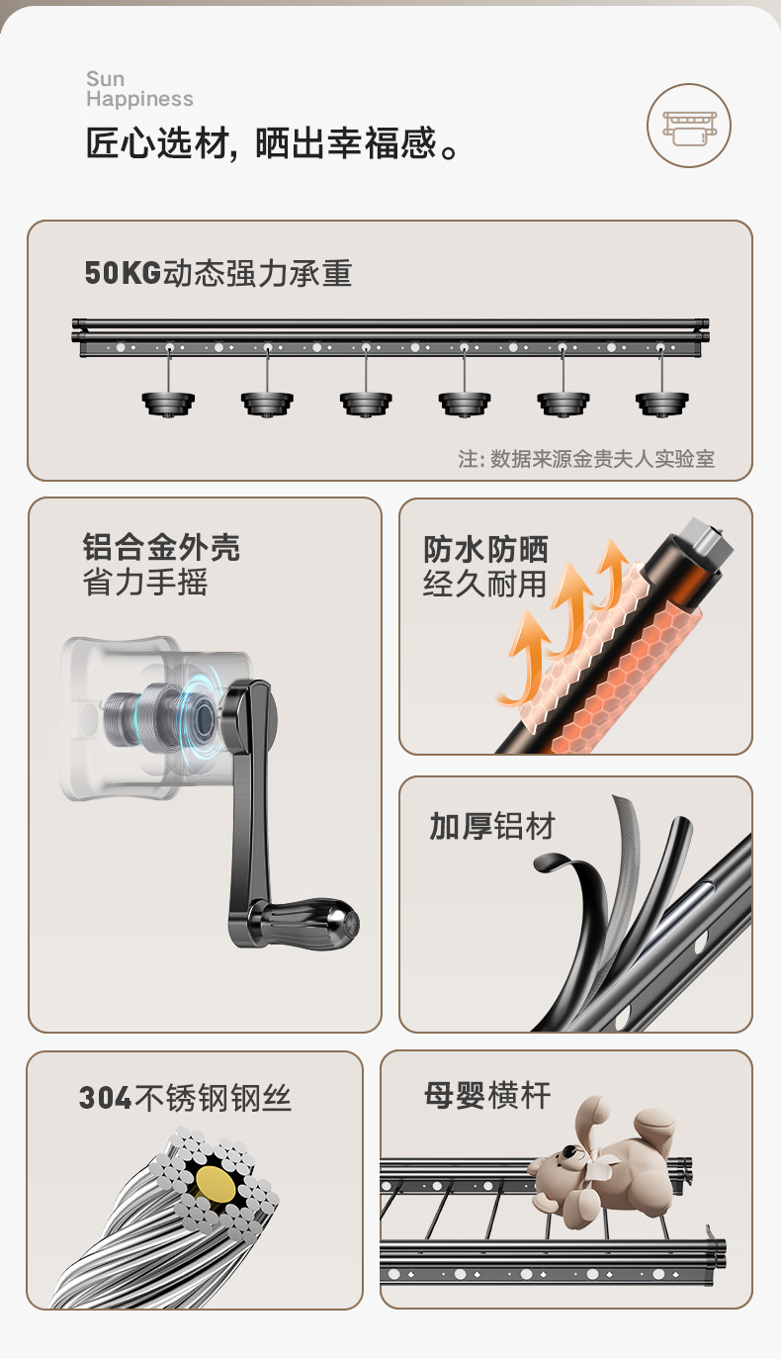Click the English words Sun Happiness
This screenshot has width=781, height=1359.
pyautogui.click(x=139, y=89)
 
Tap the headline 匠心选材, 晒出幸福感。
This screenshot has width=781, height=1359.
pyautogui.click(x=274, y=145)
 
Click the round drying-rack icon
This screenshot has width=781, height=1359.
pyautogui.click(x=689, y=126)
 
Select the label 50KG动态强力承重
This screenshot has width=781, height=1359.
pyautogui.click(x=218, y=273)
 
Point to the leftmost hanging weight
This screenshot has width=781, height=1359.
pyautogui.click(x=168, y=402)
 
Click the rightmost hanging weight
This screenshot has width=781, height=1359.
pyautogui.click(x=661, y=402)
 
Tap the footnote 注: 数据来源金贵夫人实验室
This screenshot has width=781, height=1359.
pyautogui.click(x=586, y=459)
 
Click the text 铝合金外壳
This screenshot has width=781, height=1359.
pyautogui.click(x=161, y=548)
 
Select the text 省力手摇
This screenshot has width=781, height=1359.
pyautogui.click(x=144, y=582)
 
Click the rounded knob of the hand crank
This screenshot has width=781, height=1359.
pyautogui.click(x=325, y=920)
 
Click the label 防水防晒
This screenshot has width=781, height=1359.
pyautogui.click(x=485, y=550)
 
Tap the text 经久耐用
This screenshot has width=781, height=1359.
pyautogui.click(x=484, y=584)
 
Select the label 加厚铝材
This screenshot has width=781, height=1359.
pyautogui.click(x=492, y=827)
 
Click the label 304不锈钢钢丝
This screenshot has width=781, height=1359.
pyautogui.click(x=185, y=1098)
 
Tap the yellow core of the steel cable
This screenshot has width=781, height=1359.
pyautogui.click(x=217, y=1182)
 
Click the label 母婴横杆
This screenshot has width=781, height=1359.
pyautogui.click(x=487, y=1096)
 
